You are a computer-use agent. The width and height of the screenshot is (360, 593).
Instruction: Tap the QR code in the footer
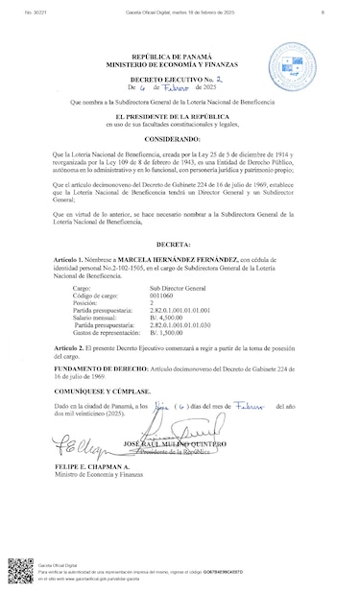[x=20, y=572]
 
